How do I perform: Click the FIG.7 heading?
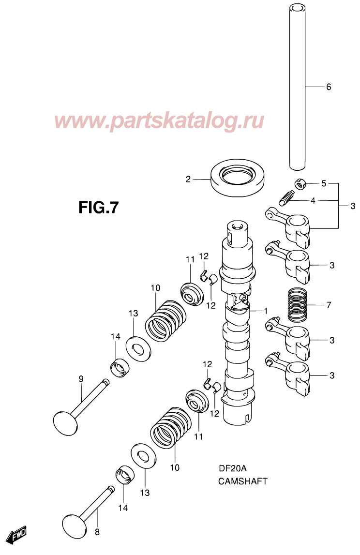[98, 208]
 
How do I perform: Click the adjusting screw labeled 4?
[287, 198]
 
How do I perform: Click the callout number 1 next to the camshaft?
[266, 310]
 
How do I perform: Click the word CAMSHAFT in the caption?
[242, 481]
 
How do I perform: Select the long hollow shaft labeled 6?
[297, 87]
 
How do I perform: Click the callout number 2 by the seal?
[188, 180]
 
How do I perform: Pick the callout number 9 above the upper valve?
[81, 378]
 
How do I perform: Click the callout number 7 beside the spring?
[329, 305]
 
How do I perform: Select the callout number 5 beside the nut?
[324, 183]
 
